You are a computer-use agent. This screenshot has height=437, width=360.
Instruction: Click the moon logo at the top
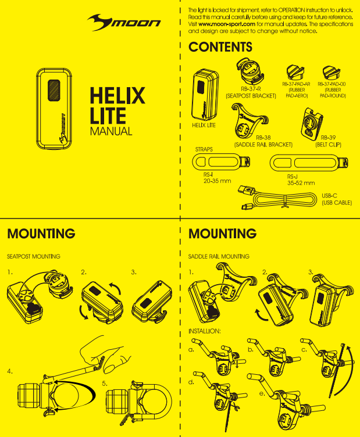[124, 22]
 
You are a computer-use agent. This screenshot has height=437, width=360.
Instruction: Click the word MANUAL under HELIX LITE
[111, 131]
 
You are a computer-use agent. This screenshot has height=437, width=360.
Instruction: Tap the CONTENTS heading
[220, 47]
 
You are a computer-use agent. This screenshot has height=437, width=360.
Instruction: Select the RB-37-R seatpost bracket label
[251, 92]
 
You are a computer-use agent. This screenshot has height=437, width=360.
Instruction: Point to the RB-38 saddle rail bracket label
[263, 141]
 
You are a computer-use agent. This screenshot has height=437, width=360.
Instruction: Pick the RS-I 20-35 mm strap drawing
[221, 162]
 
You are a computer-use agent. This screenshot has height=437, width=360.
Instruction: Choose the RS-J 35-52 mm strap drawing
[309, 163]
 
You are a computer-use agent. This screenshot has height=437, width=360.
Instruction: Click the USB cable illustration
[277, 198]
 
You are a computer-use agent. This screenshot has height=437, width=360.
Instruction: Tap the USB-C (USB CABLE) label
[337, 199]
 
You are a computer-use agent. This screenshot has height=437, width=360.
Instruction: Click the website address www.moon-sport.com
[227, 24]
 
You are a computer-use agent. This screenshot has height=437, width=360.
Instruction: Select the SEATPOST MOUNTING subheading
[34, 256]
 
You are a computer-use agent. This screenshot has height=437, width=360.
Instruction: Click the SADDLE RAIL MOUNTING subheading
[219, 256]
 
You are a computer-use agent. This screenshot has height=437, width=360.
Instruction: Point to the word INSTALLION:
[204, 331]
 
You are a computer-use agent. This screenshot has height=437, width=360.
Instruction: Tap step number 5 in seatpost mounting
[104, 384]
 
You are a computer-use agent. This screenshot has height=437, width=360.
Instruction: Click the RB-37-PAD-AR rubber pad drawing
[295, 72]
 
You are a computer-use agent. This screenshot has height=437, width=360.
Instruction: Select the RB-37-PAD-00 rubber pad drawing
[332, 72]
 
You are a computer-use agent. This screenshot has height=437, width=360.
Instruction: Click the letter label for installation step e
[262, 393]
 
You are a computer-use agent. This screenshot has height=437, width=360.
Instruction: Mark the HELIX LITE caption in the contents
[204, 125]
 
